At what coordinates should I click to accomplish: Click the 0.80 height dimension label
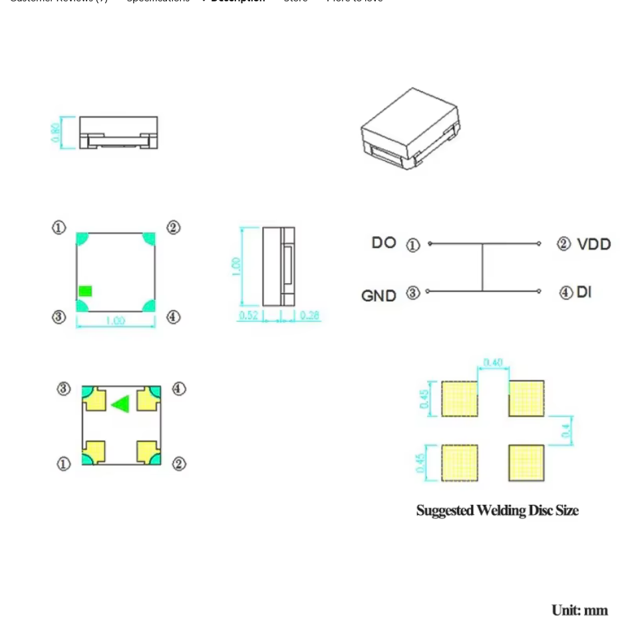click(56, 132)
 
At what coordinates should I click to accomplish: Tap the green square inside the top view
click(85, 291)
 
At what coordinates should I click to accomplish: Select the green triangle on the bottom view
click(120, 404)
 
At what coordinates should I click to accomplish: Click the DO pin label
click(384, 243)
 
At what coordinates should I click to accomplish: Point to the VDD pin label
click(594, 244)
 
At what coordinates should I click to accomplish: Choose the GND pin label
click(379, 295)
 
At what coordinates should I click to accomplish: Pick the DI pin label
click(584, 292)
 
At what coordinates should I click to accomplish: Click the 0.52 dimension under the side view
click(248, 315)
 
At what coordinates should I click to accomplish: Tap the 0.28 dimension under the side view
click(309, 315)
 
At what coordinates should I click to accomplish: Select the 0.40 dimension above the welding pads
click(493, 363)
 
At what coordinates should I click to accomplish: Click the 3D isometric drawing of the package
click(410, 128)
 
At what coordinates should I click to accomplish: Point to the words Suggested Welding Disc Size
click(497, 510)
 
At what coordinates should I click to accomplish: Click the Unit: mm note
click(579, 610)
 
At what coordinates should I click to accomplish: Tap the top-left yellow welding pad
click(460, 398)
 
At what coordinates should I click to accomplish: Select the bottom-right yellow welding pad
click(526, 463)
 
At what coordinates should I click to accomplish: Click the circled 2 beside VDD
click(563, 244)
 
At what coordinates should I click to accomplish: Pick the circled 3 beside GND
click(413, 293)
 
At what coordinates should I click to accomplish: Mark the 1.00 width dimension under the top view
click(115, 321)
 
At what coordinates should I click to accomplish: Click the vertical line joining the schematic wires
click(482, 267)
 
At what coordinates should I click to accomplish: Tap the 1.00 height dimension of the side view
click(235, 266)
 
